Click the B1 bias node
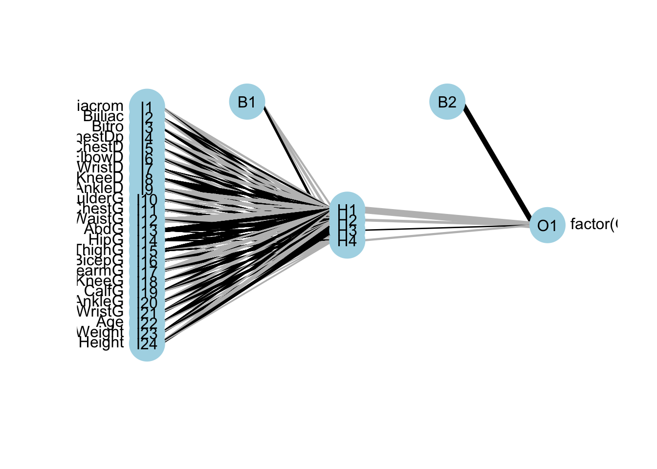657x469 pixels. (x=247, y=102)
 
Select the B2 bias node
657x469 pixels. (x=447, y=102)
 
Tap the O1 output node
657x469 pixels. (x=547, y=225)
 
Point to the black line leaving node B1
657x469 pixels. (x=286, y=149)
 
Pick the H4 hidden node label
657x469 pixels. (x=347, y=241)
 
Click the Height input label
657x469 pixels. (x=101, y=342)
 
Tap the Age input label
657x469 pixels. (x=109, y=322)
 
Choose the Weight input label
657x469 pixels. (x=100, y=332)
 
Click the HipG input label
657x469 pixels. (x=106, y=239)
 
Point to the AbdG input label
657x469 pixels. (x=104, y=229)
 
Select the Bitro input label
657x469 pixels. (x=108, y=127)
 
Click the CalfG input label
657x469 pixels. (x=104, y=291)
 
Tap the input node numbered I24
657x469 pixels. (x=147, y=344)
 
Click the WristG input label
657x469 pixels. (x=100, y=311)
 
